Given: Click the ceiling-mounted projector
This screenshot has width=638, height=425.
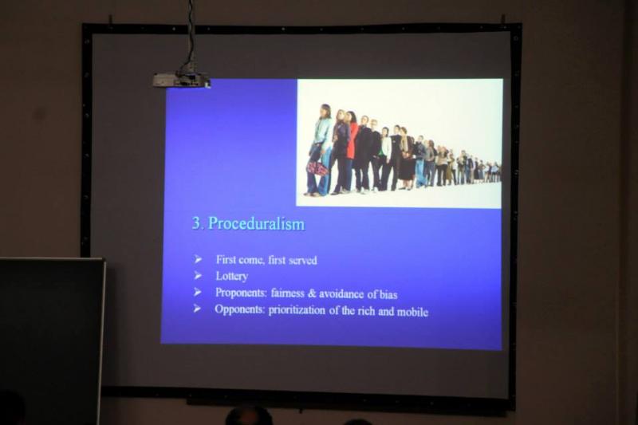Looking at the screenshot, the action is click(182, 79).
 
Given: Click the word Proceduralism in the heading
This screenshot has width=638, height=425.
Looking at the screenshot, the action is click(256, 224).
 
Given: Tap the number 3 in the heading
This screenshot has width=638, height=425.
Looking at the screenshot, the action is click(197, 223).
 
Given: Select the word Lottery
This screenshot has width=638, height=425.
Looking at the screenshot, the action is click(232, 277).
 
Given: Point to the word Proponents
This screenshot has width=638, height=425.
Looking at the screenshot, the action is click(241, 293).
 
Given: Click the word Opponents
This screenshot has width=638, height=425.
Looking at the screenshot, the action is click(240, 309).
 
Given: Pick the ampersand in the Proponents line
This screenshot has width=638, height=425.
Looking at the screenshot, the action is click(312, 293).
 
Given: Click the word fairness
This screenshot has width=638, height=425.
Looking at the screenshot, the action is click(288, 293).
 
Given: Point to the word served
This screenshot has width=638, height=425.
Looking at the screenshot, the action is click(303, 260).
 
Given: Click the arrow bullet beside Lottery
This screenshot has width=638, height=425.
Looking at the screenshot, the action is click(198, 276).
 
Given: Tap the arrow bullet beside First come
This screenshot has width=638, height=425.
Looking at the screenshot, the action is click(198, 259).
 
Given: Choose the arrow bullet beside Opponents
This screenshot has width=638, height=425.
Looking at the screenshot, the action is click(197, 309).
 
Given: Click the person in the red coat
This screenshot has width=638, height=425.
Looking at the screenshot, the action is click(351, 152).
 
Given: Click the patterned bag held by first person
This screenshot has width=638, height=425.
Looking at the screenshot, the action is click(317, 167).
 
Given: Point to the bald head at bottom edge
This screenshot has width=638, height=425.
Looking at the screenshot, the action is click(249, 416).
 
